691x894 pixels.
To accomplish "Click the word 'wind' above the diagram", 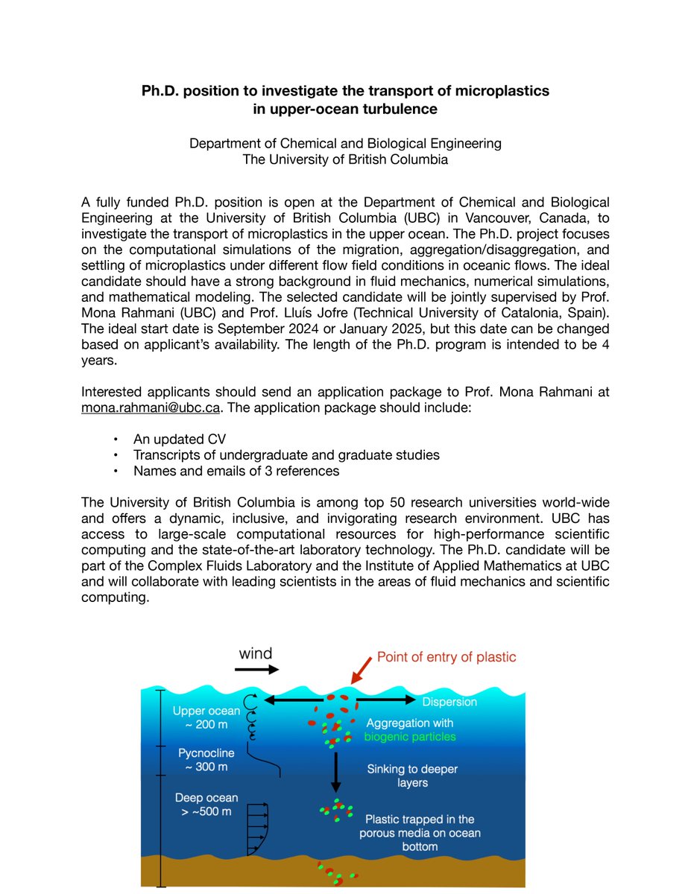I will [256, 654].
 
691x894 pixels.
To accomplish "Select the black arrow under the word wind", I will [256, 670].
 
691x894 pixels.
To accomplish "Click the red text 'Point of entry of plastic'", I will [446, 657].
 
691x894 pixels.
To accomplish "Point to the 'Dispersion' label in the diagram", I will [449, 702].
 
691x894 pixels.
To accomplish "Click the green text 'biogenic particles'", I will [410, 737].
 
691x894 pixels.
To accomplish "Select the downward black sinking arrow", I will [336, 771].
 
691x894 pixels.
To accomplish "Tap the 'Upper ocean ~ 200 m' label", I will [206, 717].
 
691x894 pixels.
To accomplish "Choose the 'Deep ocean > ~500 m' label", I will [206, 805].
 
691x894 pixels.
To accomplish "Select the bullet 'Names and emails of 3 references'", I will [236, 471].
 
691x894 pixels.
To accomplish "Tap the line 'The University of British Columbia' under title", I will [345, 159].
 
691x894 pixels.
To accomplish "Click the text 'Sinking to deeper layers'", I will [412, 776].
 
